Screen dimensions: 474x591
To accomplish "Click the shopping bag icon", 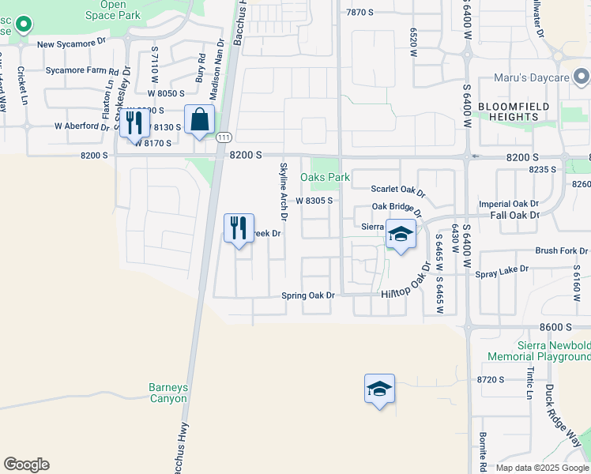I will click(x=200, y=121).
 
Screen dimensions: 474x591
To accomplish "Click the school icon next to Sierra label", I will click(x=401, y=235).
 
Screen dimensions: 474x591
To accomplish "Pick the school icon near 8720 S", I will click(x=380, y=389).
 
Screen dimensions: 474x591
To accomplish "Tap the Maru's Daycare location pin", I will click(x=582, y=77).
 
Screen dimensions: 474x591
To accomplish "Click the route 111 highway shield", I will click(x=224, y=137).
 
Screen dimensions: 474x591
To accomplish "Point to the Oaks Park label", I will click(x=325, y=178).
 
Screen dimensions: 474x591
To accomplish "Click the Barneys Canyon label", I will click(x=168, y=393).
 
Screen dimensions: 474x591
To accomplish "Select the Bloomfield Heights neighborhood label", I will click(x=508, y=111).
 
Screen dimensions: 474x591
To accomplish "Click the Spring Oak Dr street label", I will click(x=308, y=295).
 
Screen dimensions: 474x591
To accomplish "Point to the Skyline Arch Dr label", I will click(x=283, y=191).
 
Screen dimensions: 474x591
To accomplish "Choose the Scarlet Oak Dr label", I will click(x=398, y=190).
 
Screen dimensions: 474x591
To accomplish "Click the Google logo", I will click(x=26, y=464).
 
